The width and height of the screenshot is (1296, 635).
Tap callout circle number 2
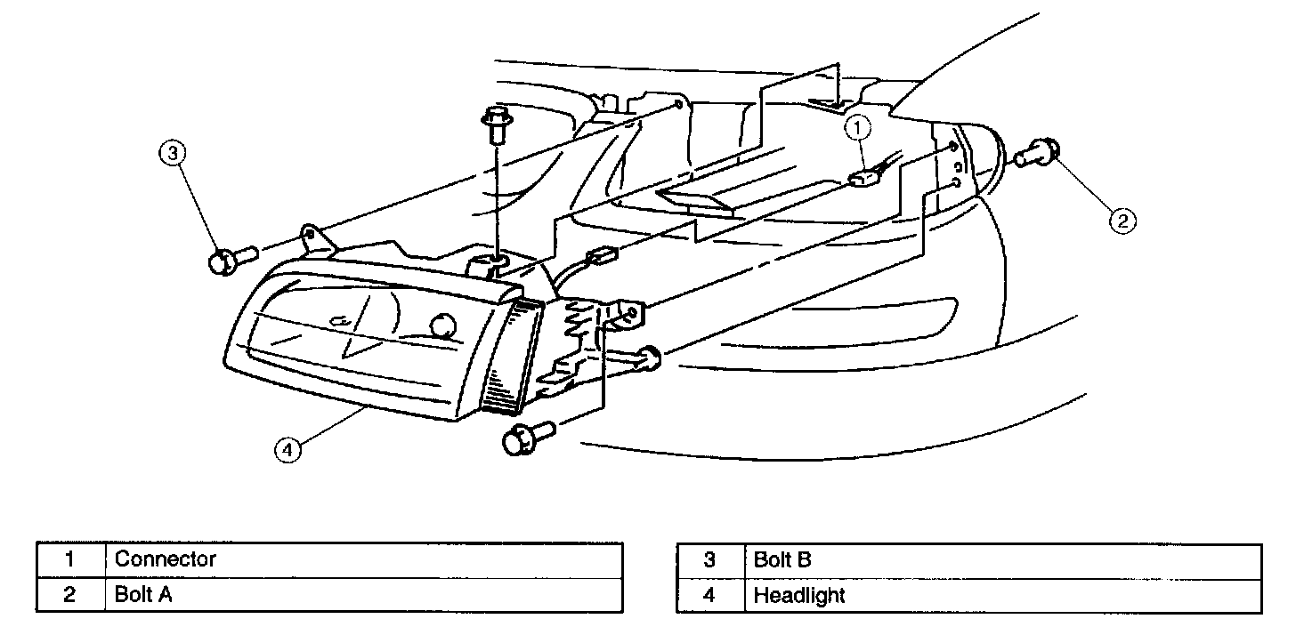point(1122,219)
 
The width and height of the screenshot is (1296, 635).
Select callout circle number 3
point(173,154)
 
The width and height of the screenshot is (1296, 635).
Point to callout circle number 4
point(286,451)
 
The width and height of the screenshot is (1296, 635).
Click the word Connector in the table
point(166,559)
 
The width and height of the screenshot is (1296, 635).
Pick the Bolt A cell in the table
point(143,594)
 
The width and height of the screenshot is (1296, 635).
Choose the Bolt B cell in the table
point(782,559)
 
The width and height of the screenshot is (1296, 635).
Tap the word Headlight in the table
point(798,594)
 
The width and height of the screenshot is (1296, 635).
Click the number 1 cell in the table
point(70,559)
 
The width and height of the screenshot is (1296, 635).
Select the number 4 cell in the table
point(709,594)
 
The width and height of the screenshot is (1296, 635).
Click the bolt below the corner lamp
point(525,438)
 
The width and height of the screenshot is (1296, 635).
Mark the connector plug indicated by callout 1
point(863,178)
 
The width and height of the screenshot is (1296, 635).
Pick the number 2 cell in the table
point(70,594)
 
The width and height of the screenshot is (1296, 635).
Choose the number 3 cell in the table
point(709,559)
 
